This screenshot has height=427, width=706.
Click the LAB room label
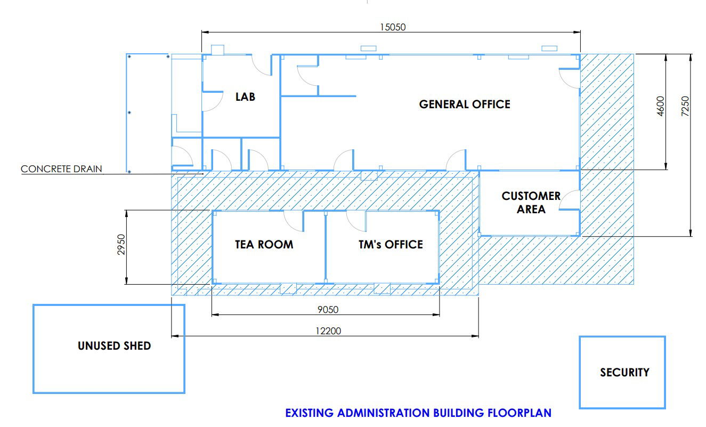[245, 97]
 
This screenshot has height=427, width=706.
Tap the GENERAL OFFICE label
[465, 104]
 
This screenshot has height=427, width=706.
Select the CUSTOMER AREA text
[531, 203]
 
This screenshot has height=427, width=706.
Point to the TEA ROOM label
[264, 245]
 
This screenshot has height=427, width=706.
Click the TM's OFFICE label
[391, 245]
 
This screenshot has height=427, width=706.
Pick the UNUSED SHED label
[114, 346]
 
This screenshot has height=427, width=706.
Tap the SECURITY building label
[624, 373]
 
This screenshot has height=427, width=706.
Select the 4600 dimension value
[660, 106]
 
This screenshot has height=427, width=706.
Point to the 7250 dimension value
[685, 106]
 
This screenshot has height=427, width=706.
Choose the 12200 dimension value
[328, 331]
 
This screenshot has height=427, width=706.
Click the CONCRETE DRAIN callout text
[61, 169]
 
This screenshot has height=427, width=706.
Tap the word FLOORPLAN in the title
[519, 413]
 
